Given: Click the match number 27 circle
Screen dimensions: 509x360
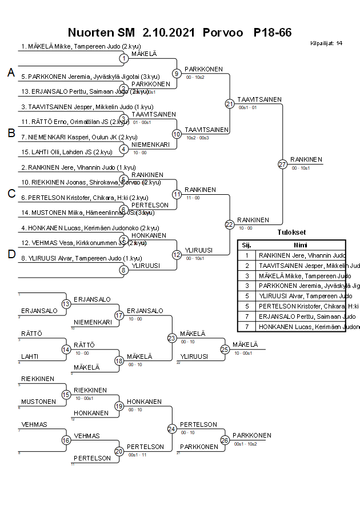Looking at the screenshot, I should [x=282, y=164].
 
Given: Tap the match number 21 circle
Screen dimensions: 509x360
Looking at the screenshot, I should [x=229, y=104].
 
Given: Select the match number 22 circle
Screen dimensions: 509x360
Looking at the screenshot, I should [x=229, y=225].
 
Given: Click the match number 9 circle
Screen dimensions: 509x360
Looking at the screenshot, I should [x=177, y=74].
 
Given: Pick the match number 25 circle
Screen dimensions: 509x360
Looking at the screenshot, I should [x=225, y=349].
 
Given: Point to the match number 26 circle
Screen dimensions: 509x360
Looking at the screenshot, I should [x=225, y=440].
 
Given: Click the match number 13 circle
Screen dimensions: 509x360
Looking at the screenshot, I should [x=66, y=304].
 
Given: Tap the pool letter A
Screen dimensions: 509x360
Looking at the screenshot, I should [x=11, y=73].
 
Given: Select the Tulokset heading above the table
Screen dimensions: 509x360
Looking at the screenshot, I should [x=291, y=233].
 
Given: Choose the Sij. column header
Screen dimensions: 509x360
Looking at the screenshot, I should [x=246, y=245].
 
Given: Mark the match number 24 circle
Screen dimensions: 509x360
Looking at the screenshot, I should [x=171, y=428].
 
